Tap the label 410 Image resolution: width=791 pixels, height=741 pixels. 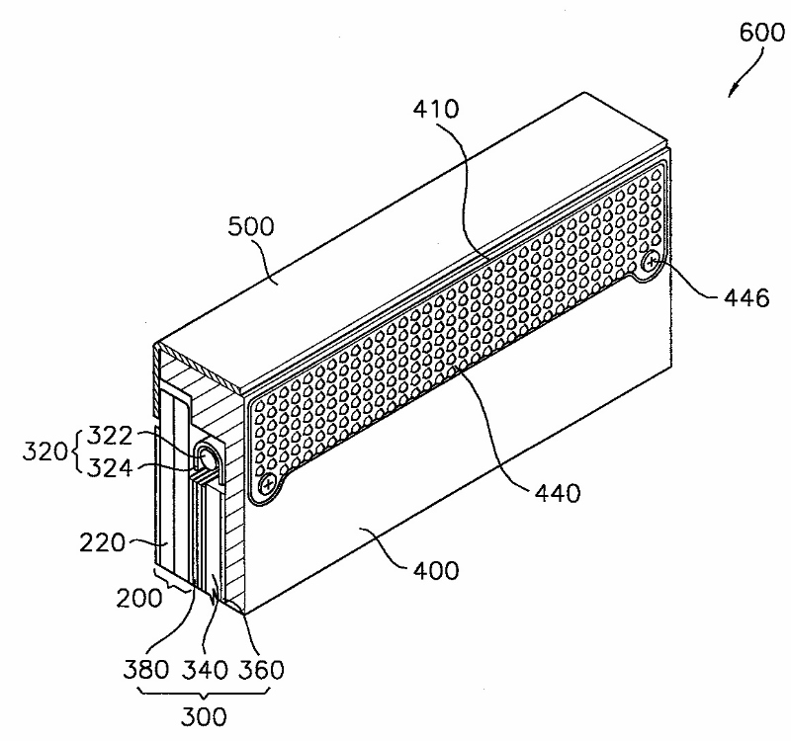[436, 110]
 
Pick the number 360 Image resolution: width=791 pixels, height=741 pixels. [261, 669]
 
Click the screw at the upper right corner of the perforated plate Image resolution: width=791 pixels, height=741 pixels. [654, 262]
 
